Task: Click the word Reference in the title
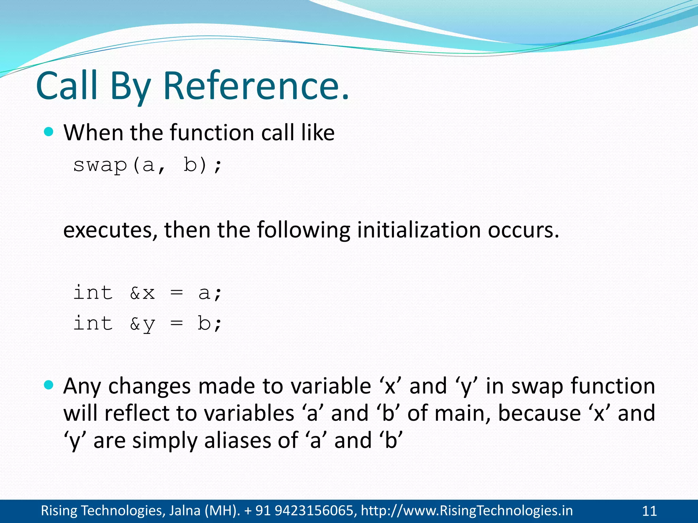(256, 86)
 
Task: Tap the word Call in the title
(67, 86)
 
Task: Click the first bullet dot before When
(49, 132)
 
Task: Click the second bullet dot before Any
(49, 385)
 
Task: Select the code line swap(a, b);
(148, 165)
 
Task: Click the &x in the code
(142, 293)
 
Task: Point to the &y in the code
(142, 323)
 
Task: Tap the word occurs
(523, 230)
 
